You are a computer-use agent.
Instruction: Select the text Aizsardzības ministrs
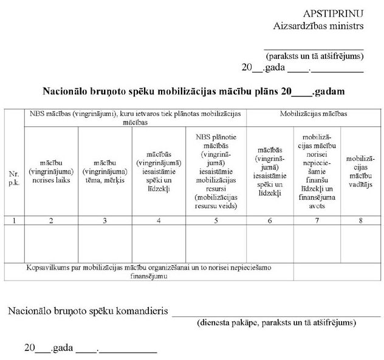coord(318,26)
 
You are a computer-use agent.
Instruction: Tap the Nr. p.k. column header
coord(14,178)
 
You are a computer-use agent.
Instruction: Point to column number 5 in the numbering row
coord(216,220)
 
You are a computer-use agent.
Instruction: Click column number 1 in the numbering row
coord(14,220)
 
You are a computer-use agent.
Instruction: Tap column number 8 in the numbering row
coord(360,220)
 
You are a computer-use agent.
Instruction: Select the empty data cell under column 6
coord(269,243)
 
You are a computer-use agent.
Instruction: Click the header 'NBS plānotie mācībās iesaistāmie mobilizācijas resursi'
coord(216,172)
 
